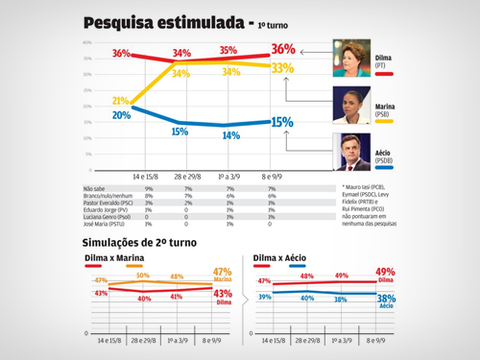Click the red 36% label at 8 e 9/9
282,49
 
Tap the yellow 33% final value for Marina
282,68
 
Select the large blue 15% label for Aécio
282,122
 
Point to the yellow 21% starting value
120,100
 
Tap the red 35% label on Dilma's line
228,50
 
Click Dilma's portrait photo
351,55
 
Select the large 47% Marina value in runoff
223,272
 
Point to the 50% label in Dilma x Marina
143,276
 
